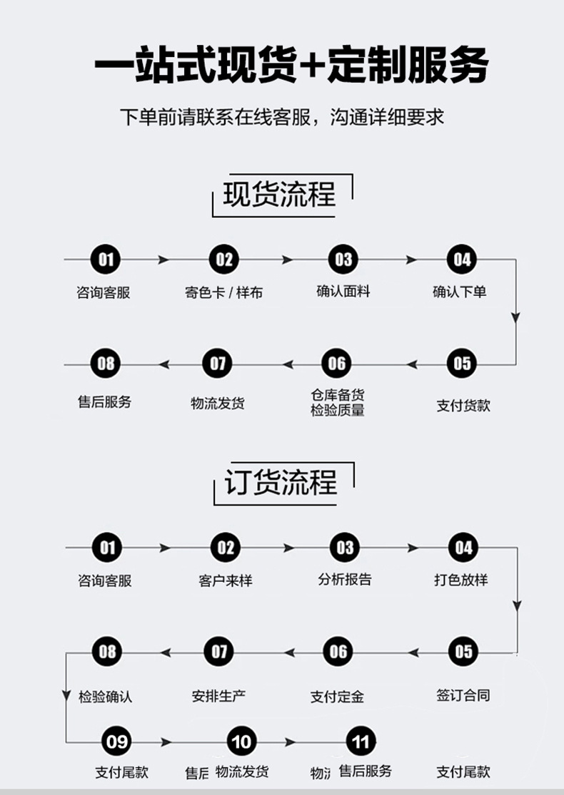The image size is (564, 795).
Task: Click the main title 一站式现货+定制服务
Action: point(291,66)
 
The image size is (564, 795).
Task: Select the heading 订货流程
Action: point(281,483)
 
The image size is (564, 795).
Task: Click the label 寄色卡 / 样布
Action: point(223,292)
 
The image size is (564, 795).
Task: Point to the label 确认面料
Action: point(343,291)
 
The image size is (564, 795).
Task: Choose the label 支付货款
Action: point(463,406)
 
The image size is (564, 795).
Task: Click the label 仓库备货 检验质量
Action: point(338,402)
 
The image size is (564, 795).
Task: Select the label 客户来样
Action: point(226,580)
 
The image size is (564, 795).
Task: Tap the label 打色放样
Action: point(461,579)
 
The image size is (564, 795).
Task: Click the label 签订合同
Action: point(463,694)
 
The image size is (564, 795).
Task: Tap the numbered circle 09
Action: point(116,742)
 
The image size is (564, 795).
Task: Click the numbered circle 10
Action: point(241,742)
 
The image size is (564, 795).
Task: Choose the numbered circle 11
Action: point(361,742)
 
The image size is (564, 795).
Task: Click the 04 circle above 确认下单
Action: point(463,260)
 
